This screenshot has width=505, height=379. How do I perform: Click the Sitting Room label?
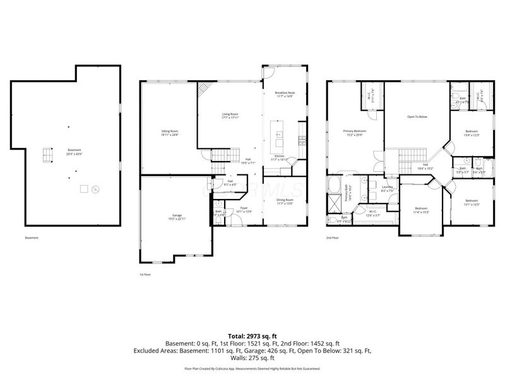[170, 133]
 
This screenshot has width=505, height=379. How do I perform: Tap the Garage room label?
[177, 217]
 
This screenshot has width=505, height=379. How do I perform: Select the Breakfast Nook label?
[285, 95]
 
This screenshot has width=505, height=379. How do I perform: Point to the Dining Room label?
[285, 202]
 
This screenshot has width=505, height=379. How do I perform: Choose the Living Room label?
[229, 115]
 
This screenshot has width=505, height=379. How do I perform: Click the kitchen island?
[278, 133]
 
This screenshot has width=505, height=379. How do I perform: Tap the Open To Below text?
[417, 117]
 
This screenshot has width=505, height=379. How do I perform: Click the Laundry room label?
[388, 188]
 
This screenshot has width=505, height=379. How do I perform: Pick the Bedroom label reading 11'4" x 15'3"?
[422, 210]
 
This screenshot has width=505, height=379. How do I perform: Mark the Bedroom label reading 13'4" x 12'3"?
[472, 134]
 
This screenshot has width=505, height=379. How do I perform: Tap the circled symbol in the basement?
[95, 188]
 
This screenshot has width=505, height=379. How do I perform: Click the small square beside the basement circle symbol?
[83, 188]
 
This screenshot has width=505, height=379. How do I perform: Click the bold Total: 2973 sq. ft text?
[252, 337]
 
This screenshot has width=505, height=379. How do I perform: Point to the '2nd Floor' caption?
[333, 238]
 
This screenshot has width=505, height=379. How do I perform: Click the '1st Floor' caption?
[145, 275]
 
